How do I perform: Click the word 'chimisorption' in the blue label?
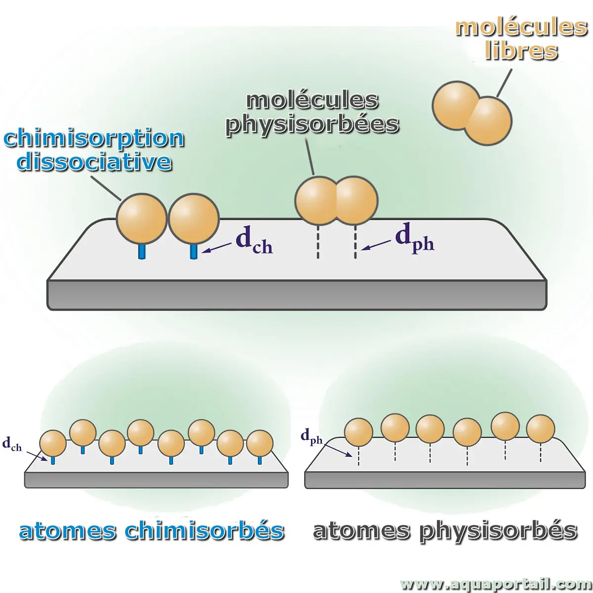(x=94, y=139)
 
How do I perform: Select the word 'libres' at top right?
(x=521, y=50)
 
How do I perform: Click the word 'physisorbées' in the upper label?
(x=312, y=124)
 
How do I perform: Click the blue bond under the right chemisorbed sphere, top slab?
(x=194, y=251)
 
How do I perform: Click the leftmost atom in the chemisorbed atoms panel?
(x=52, y=444)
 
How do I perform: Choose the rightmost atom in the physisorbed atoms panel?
(x=541, y=429)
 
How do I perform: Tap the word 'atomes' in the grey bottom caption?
(x=361, y=531)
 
